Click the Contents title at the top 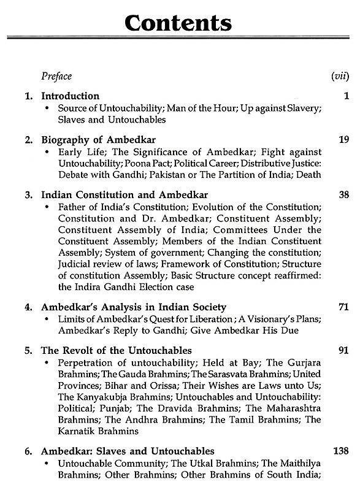click(178, 24)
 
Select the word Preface click(56, 76)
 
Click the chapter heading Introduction click(70, 96)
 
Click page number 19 click(343, 140)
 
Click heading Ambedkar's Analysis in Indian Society click(133, 307)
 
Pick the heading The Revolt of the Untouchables click(116, 351)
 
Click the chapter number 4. click(28, 307)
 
